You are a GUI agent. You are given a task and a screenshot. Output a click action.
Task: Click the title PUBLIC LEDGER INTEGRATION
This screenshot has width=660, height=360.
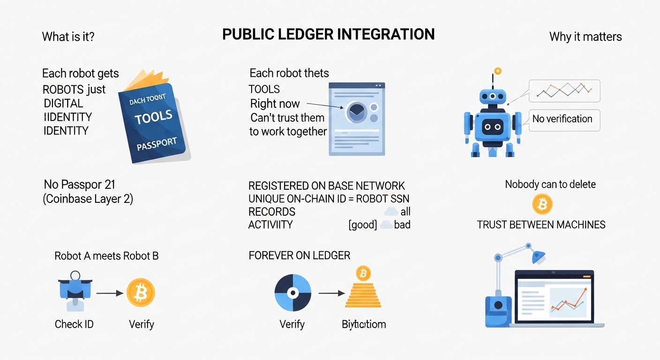tap(328, 34)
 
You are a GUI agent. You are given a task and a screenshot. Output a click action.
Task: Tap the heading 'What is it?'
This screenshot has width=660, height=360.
tap(68, 37)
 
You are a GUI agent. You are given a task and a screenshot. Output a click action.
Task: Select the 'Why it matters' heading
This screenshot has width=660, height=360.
tap(585, 37)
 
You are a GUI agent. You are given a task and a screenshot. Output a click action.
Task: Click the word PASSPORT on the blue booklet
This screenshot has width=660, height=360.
tap(157, 143)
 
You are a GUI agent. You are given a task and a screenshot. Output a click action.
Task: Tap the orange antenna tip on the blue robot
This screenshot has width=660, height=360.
tap(498, 71)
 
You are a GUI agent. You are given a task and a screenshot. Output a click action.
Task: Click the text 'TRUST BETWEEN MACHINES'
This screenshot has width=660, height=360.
tap(541, 225)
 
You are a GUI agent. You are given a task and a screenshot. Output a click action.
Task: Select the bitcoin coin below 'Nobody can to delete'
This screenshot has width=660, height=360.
tap(542, 204)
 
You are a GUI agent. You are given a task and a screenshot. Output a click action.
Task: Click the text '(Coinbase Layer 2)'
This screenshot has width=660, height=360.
tap(88, 199)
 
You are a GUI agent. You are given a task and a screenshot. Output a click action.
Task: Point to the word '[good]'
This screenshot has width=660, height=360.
tap(362, 225)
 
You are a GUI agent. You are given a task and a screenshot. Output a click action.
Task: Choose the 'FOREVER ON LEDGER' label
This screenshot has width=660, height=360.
tap(299, 255)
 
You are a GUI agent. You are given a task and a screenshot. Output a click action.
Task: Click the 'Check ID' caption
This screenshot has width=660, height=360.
tap(74, 324)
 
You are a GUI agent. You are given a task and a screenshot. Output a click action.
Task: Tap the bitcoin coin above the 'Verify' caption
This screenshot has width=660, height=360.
tap(141, 293)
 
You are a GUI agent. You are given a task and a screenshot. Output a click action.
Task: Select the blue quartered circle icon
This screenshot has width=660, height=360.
tap(292, 293)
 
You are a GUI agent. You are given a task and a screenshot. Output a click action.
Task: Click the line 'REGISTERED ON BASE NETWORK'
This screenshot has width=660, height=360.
tap(326, 186)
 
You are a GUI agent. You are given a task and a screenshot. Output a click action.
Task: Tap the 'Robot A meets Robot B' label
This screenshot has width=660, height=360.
tap(106, 256)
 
